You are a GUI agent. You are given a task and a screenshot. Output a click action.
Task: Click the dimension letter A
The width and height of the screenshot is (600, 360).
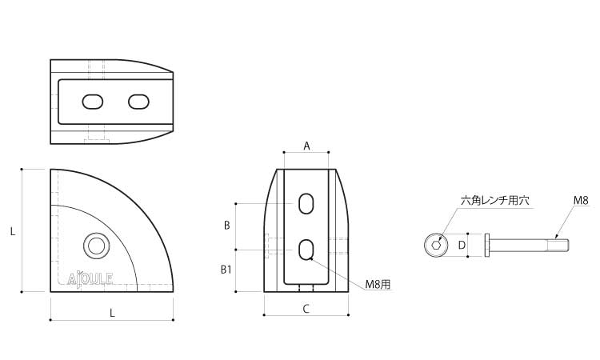[x=306, y=146]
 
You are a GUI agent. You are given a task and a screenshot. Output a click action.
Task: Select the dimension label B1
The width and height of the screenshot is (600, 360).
[x=226, y=270]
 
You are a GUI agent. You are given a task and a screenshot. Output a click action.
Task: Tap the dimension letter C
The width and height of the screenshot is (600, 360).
[x=306, y=309]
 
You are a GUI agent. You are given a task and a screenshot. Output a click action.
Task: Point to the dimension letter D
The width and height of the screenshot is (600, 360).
[x=462, y=245]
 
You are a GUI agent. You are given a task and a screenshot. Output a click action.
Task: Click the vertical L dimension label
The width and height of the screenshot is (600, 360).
[x=13, y=231]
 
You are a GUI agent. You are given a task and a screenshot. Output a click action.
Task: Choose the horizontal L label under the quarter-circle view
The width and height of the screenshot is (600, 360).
[x=112, y=313]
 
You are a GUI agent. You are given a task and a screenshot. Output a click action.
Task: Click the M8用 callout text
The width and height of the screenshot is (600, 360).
[x=378, y=284]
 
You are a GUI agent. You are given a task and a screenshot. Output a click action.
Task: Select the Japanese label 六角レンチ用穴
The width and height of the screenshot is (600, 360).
[x=495, y=201]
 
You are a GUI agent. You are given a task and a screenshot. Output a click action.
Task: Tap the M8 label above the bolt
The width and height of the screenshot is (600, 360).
[x=581, y=200]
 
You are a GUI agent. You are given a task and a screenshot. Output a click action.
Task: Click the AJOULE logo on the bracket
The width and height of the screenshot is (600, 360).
[x=90, y=279]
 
